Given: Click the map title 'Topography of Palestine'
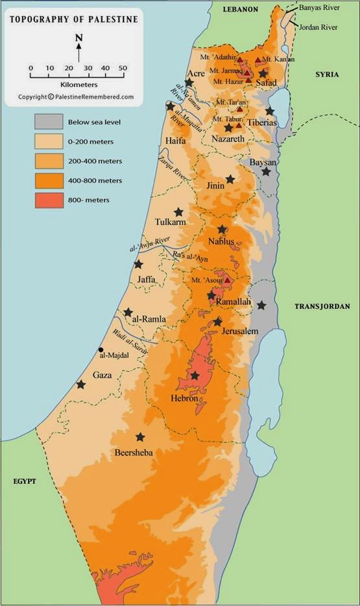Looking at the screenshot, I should point(73,19).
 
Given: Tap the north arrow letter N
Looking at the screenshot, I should point(78,38).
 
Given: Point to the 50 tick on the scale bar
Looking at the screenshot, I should point(122,68).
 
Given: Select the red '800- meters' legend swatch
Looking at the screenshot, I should point(49,200).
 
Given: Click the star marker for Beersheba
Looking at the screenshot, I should point(140,437).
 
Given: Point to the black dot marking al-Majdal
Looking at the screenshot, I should point(101,349).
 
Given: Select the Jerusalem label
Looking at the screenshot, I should point(239,331).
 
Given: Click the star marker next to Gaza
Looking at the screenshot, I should point(81,385).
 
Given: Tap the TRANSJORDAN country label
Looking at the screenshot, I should point(323,306).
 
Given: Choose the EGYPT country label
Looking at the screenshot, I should point(23,481).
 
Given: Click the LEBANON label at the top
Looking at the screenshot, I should point(240,9).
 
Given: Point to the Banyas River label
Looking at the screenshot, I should point(319,8).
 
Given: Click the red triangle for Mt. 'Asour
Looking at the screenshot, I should point(227,280).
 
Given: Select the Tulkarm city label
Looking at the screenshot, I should point(171,222).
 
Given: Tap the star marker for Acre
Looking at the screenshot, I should point(189,83).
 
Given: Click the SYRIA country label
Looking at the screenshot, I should point(327,75).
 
